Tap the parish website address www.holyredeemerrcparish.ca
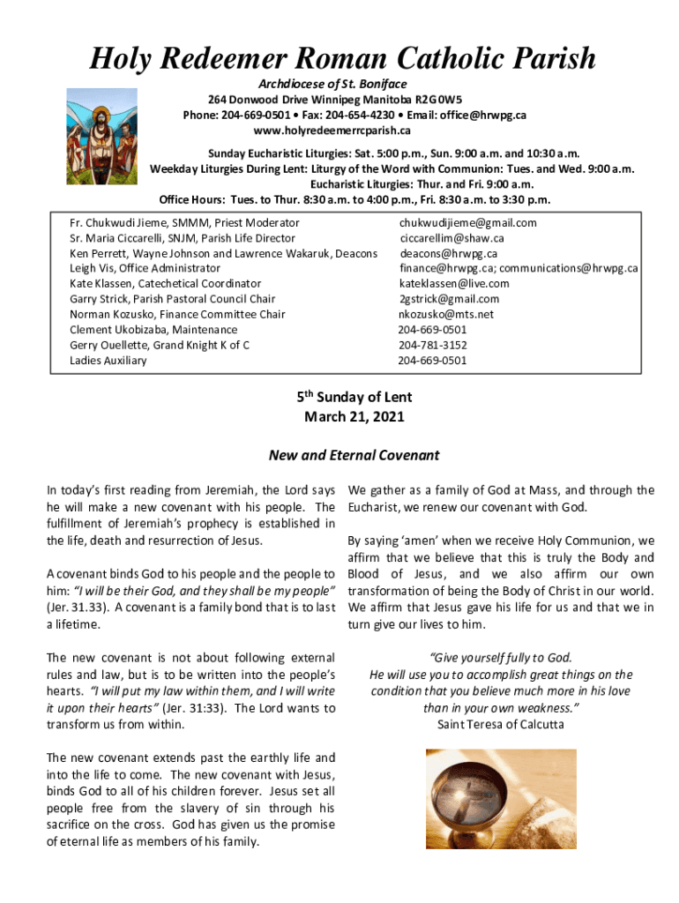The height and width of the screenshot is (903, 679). (x=332, y=131)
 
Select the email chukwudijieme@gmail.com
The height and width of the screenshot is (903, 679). (x=467, y=223)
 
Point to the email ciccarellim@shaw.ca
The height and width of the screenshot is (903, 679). (x=451, y=238)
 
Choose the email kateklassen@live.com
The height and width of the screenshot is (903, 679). (x=454, y=284)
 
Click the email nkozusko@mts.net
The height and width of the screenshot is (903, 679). (x=446, y=315)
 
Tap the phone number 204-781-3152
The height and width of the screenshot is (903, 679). (x=432, y=345)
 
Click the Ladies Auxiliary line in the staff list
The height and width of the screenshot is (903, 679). (x=108, y=361)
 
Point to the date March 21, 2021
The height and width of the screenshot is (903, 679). (x=354, y=416)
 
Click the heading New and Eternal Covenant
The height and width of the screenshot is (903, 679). (x=354, y=456)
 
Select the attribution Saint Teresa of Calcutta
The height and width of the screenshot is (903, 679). (x=500, y=725)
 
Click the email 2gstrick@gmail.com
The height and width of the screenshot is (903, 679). (x=449, y=299)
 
